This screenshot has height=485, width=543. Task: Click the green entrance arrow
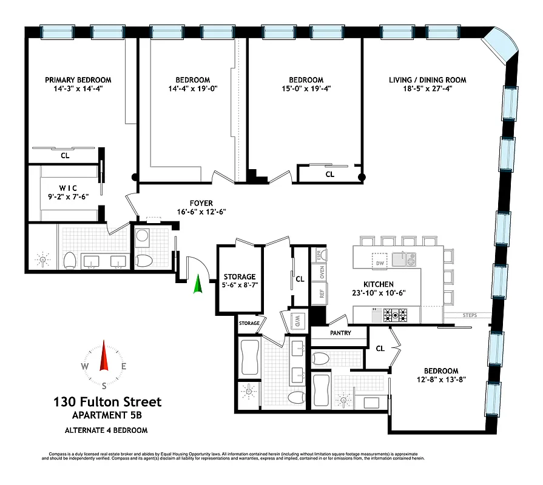click(197, 285)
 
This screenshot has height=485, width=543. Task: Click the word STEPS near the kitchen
click(470, 315)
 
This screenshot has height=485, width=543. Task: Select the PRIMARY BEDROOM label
click(78, 80)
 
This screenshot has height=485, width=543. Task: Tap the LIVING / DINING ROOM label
click(428, 80)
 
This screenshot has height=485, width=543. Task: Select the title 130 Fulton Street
click(107, 401)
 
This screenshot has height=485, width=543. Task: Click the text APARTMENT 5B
click(107, 416)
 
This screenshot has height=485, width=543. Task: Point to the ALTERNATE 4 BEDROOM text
click(107, 430)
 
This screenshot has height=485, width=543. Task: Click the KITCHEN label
click(379, 284)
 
